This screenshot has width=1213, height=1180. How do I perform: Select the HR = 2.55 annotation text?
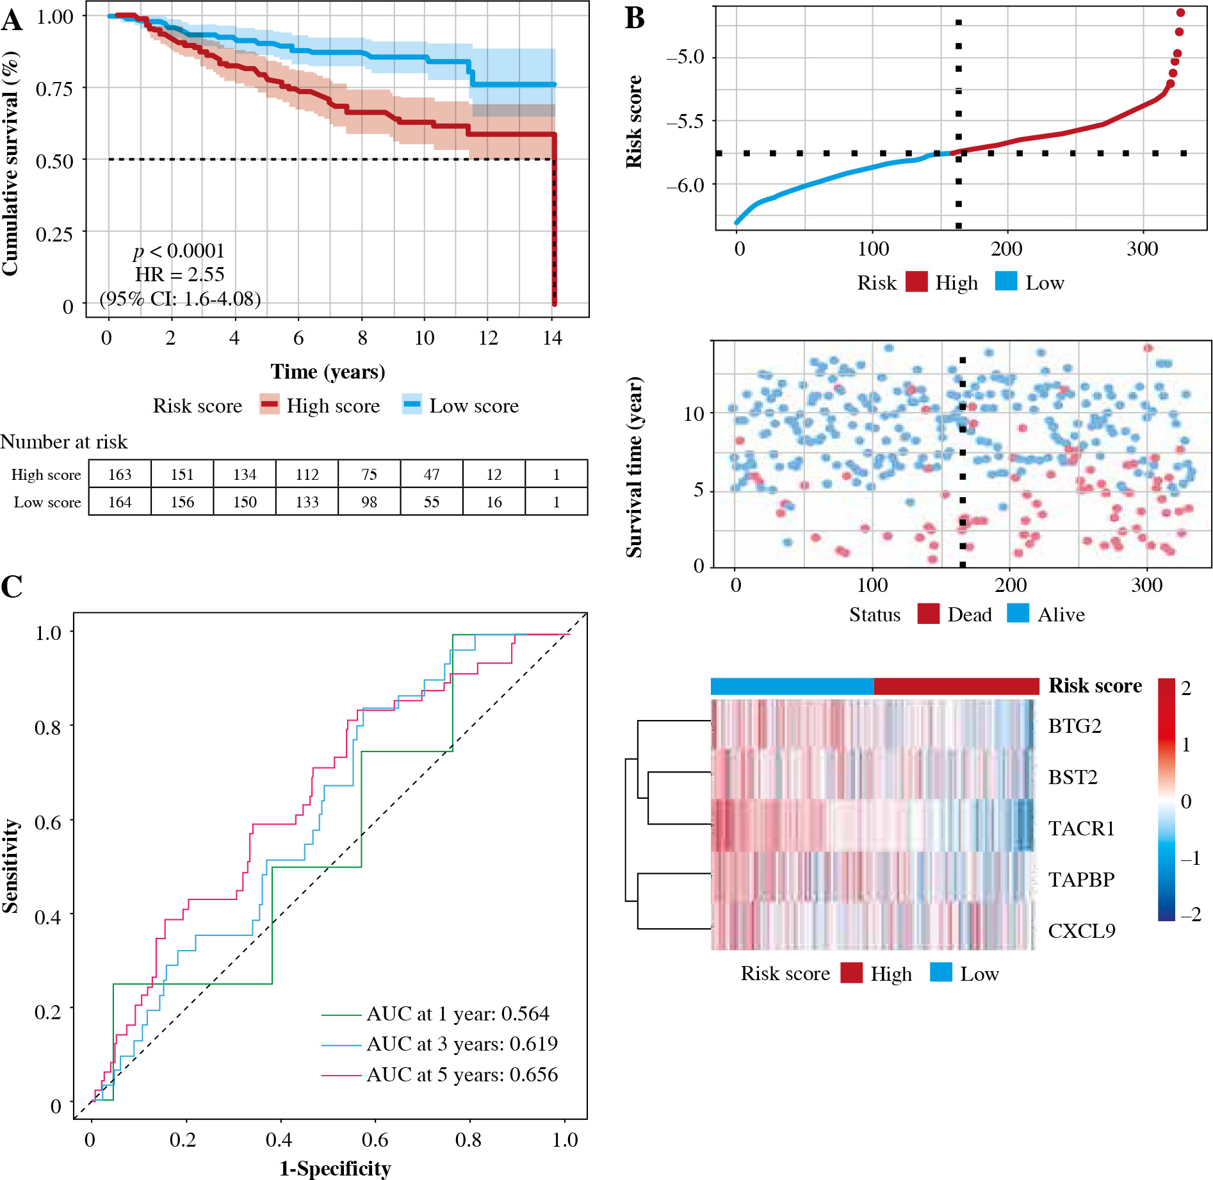[179, 275]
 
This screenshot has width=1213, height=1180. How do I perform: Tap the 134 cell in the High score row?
[245, 475]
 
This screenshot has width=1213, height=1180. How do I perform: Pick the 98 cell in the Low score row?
[369, 502]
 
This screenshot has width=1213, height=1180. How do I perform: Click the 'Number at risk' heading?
[64, 442]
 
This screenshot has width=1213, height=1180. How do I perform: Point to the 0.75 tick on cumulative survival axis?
[54, 88]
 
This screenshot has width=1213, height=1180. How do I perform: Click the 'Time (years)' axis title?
[327, 372]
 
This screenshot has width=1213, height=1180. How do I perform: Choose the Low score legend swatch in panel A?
[412, 405]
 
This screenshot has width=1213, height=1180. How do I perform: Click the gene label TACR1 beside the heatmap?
[1081, 829]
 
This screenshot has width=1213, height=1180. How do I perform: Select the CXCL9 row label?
[1081, 931]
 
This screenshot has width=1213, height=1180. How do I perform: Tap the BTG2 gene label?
[1074, 726]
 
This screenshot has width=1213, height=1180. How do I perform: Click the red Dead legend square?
[928, 614]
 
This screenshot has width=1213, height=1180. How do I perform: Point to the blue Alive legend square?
[1018, 614]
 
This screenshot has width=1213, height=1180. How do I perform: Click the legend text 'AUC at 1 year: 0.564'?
[457, 1014]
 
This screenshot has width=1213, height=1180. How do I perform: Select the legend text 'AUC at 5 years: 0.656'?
[462, 1075]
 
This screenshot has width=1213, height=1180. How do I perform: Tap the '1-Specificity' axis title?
[335, 1168]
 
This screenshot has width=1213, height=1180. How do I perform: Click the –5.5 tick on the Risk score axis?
[685, 121]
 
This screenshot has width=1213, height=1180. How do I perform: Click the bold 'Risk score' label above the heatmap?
[1095, 686]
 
